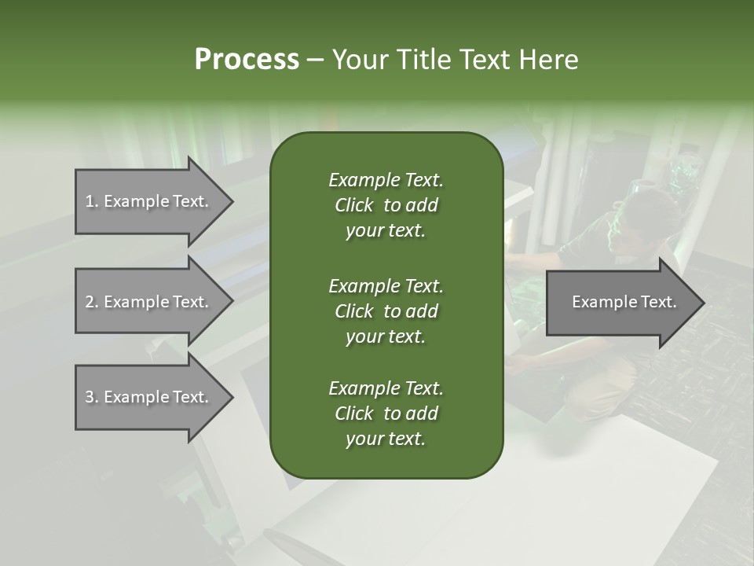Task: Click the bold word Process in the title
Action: coord(247,60)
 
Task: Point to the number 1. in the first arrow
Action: coord(92,201)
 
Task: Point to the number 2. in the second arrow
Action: coord(92,302)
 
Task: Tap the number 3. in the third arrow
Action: coord(92,397)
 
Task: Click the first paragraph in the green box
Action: coord(386,205)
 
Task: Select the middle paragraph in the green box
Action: coord(386,311)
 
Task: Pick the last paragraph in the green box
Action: coord(386,413)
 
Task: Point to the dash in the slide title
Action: coord(315,61)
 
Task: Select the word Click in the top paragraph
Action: coord(353,205)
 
